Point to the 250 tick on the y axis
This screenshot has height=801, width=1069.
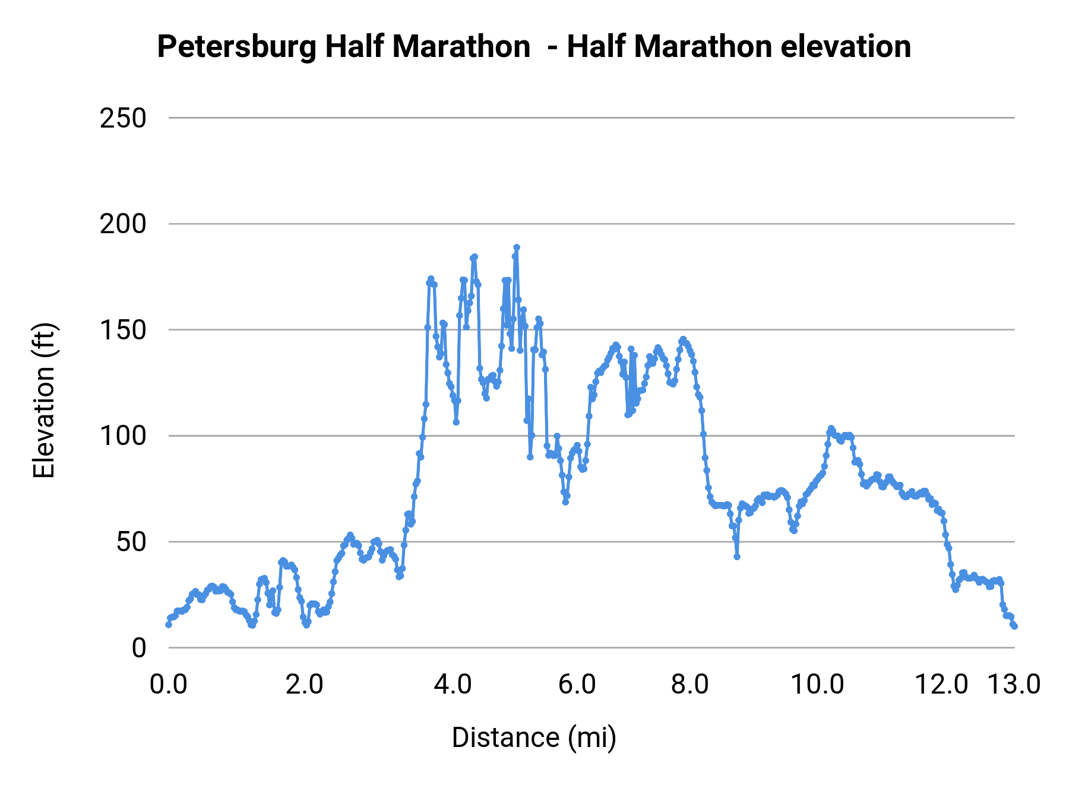[x=123, y=119]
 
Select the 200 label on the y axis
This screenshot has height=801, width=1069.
[x=123, y=224]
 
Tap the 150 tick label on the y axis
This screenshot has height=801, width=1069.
[x=123, y=330]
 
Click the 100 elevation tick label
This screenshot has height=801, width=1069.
[x=123, y=436]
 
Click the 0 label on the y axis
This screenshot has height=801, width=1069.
[x=138, y=648]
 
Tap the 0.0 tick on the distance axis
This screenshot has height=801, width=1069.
[x=168, y=685]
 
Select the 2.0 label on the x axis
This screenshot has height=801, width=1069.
[x=304, y=685]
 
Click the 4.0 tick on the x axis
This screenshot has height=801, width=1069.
[x=453, y=685]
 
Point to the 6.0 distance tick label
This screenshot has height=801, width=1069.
[x=577, y=685]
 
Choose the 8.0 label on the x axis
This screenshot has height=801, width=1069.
[x=690, y=685]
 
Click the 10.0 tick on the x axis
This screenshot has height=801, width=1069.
[x=818, y=685]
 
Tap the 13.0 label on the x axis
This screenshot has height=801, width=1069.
[x=1014, y=685]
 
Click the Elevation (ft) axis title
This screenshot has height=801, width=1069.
[x=44, y=401]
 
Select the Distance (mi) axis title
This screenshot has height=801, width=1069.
[x=534, y=738]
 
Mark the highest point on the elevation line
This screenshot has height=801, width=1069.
[x=517, y=247]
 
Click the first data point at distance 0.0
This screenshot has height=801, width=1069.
[x=169, y=624]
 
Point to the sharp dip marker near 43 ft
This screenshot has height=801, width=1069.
[x=737, y=557]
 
